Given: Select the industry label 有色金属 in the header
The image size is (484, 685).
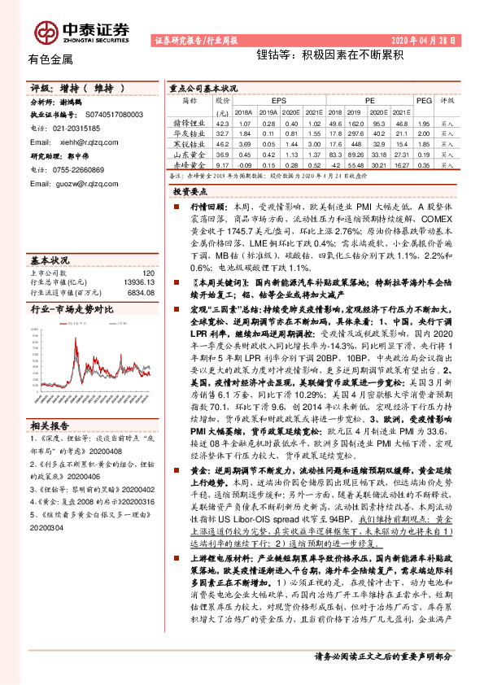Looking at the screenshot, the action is pos(50,60).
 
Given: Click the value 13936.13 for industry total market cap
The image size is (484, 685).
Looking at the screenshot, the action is pos(133,281).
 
